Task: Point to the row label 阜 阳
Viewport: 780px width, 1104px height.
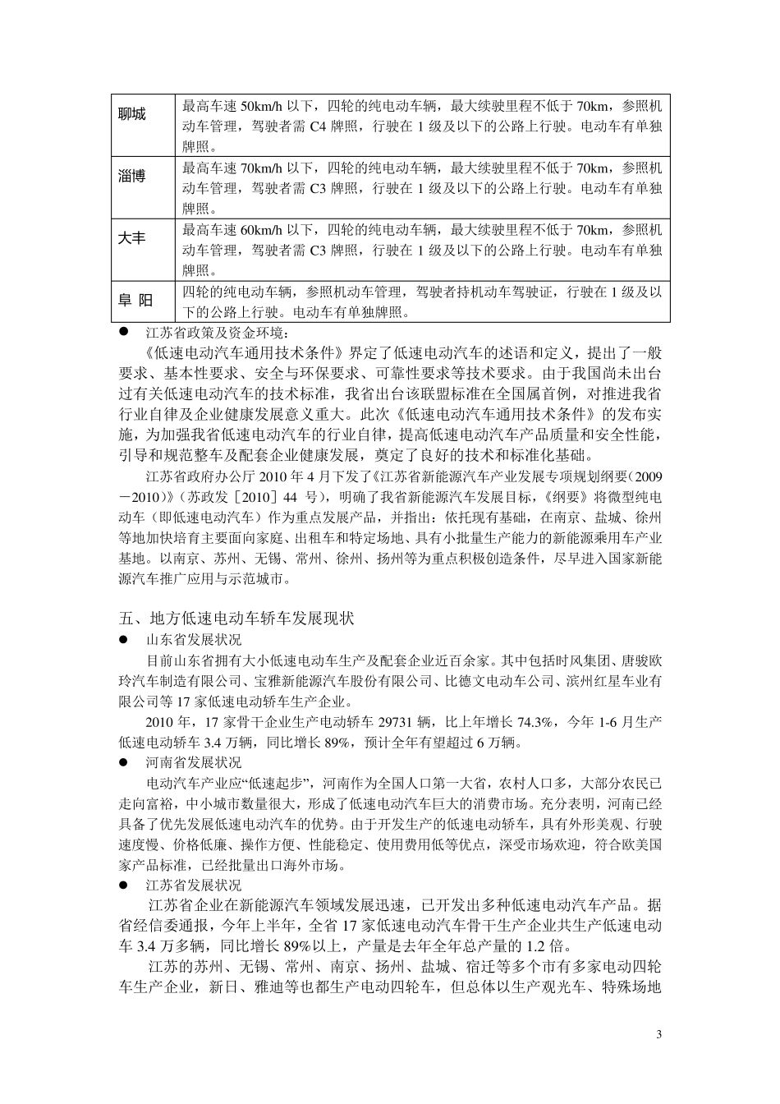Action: point(134,301)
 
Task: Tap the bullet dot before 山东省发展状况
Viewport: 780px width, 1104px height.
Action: point(124,638)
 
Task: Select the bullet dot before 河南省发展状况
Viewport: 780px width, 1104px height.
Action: point(124,762)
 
